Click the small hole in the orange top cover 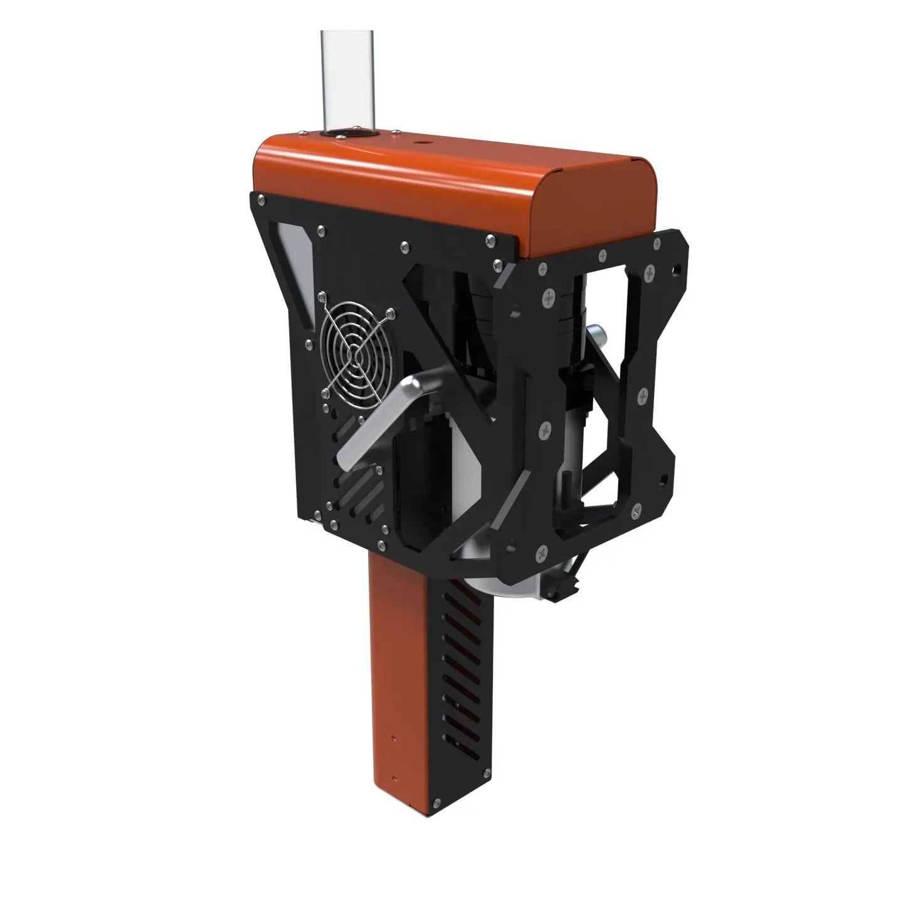point(417,144)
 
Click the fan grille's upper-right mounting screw point(392,311)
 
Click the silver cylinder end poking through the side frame point(596,339)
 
